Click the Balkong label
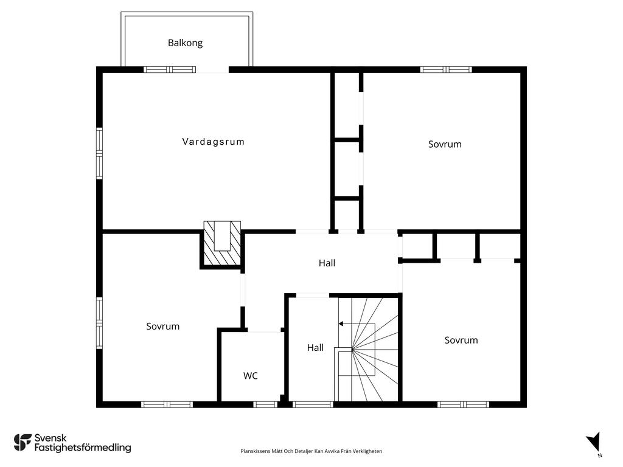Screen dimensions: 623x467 [185, 43]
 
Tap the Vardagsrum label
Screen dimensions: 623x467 [214, 142]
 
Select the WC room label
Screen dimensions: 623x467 [250, 376]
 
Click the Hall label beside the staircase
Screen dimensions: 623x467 [316, 348]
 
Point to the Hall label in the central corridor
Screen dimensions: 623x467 [327, 263]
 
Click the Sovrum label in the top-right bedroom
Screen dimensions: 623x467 [445, 144]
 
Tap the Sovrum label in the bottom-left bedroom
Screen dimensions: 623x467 [163, 327]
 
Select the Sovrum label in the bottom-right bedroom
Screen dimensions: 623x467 [461, 341]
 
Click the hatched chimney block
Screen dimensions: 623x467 [222, 243]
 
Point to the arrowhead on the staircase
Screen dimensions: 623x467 [341, 324]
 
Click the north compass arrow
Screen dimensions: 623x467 [594, 442]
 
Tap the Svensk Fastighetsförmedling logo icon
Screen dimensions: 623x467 [23, 443]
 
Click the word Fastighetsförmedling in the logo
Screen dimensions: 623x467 [83, 448]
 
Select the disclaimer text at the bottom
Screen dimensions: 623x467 [311, 451]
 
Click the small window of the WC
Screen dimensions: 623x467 [265, 404]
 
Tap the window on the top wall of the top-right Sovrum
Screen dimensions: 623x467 [446, 70]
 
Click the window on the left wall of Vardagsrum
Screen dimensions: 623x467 [99, 153]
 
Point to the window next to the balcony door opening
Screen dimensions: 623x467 [170, 70]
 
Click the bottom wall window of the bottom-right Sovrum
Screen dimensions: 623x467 [463, 404]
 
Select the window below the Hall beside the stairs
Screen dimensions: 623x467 [313, 404]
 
